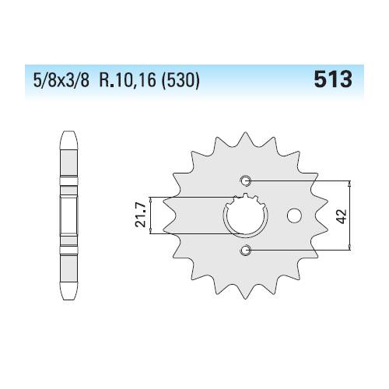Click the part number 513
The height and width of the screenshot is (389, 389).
coord(333,79)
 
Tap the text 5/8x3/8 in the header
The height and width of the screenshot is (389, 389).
coord(61,80)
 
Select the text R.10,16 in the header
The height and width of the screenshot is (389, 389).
coord(127,80)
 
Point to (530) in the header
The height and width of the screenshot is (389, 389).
coord(180,80)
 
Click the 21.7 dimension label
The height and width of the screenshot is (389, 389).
coord(142,216)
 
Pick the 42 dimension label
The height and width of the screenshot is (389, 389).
coord(342,216)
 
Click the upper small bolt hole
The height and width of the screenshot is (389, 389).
coord(245,180)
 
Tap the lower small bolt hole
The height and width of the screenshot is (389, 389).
coord(245,250)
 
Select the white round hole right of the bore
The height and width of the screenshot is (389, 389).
coord(294,216)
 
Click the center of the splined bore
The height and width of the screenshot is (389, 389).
coord(246,216)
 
